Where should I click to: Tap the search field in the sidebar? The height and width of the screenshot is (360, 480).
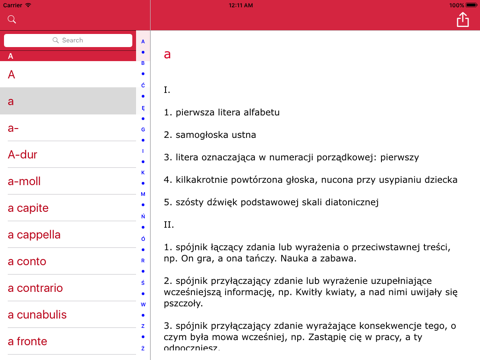(68, 41)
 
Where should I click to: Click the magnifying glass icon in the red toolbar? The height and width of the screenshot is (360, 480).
(12, 20)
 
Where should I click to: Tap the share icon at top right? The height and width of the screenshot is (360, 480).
(462, 20)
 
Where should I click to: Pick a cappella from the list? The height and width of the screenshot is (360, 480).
(34, 235)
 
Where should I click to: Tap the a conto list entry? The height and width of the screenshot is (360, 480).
(27, 262)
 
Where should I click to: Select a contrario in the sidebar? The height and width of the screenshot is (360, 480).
(35, 288)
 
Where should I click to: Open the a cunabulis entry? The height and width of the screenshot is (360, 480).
(37, 315)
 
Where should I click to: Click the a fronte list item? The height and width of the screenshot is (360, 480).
(27, 342)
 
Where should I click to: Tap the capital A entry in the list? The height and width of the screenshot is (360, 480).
(12, 74)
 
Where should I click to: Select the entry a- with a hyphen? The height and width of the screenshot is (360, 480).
(13, 128)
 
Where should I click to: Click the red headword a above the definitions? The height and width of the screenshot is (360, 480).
(168, 55)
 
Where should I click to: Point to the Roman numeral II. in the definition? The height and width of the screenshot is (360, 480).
(169, 225)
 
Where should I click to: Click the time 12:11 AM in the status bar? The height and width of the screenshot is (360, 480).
(241, 5)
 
